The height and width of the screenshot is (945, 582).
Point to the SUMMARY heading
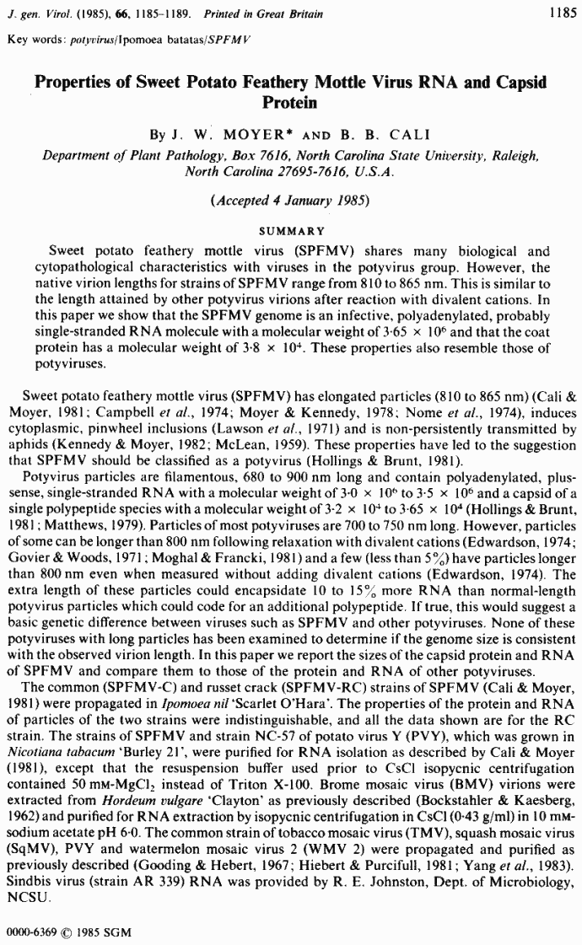tap(291, 229)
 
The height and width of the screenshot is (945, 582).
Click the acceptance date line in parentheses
tap(291, 202)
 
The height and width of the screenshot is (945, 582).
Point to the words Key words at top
tap(31, 40)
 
